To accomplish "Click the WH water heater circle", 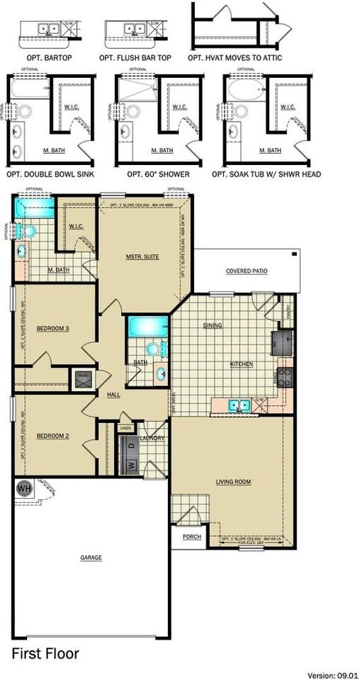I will pyautogui.click(x=24, y=488).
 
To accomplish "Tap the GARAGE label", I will pyautogui.click(x=91, y=557).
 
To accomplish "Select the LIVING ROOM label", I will pyautogui.click(x=233, y=482).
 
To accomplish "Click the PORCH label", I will pyautogui.click(x=191, y=537).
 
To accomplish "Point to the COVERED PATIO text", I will pyautogui.click(x=247, y=271).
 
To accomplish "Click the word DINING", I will pyautogui.click(x=213, y=326).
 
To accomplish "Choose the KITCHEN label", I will pyautogui.click(x=242, y=364).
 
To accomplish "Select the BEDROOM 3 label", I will pyautogui.click(x=52, y=328).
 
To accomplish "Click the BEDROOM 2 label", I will pyautogui.click(x=52, y=436).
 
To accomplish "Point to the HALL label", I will pyautogui.click(x=113, y=394).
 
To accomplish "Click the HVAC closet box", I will pyautogui.click(x=83, y=380).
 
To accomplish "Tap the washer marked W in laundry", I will pyautogui.click(x=130, y=465).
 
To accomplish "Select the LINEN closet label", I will pyautogui.click(x=126, y=429).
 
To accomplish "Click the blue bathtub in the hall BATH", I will pyautogui.click(x=147, y=327).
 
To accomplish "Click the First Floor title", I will pyautogui.click(x=45, y=653).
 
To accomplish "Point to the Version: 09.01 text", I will pyautogui.click(x=332, y=675).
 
